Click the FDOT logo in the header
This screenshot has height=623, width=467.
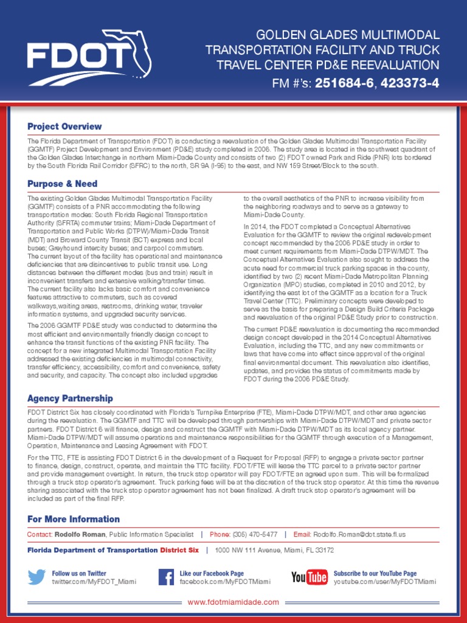(x=89, y=57)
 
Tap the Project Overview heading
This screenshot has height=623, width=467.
(x=64, y=127)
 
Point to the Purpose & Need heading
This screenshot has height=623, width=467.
(x=62, y=184)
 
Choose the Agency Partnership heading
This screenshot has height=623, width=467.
(x=70, y=399)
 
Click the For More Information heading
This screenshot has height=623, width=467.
(x=74, y=519)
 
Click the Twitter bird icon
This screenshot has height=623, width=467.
(x=37, y=577)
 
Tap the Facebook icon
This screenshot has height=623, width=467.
(x=166, y=577)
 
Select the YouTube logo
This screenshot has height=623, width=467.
(x=309, y=577)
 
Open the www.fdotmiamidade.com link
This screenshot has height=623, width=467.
(x=233, y=602)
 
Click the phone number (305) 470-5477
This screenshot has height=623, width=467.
(x=255, y=534)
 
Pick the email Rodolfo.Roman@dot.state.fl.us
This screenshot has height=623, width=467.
(x=359, y=534)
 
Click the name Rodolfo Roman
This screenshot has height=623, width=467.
(x=80, y=534)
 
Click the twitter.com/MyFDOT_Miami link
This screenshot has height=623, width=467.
(x=94, y=582)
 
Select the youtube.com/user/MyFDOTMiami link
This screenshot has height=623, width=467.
(x=384, y=582)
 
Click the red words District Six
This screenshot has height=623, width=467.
(x=179, y=550)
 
